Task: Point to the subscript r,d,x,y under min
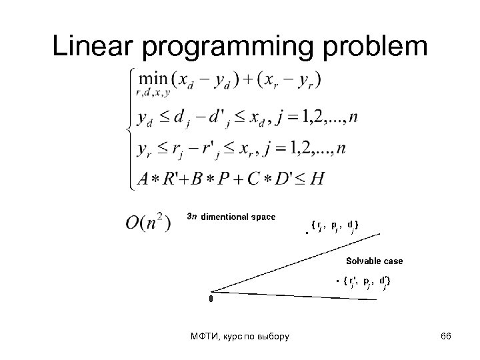pos(152,94)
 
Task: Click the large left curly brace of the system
pos(128,127)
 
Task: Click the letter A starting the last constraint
pos(143,179)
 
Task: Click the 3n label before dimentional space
pos(191,216)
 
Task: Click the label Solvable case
pos(374,261)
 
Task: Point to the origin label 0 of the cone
pos(211,299)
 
